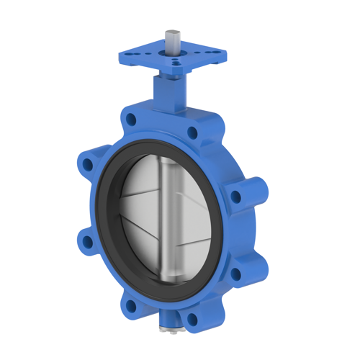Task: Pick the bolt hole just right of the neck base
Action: point(192,132)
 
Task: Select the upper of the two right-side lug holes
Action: point(235,194)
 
